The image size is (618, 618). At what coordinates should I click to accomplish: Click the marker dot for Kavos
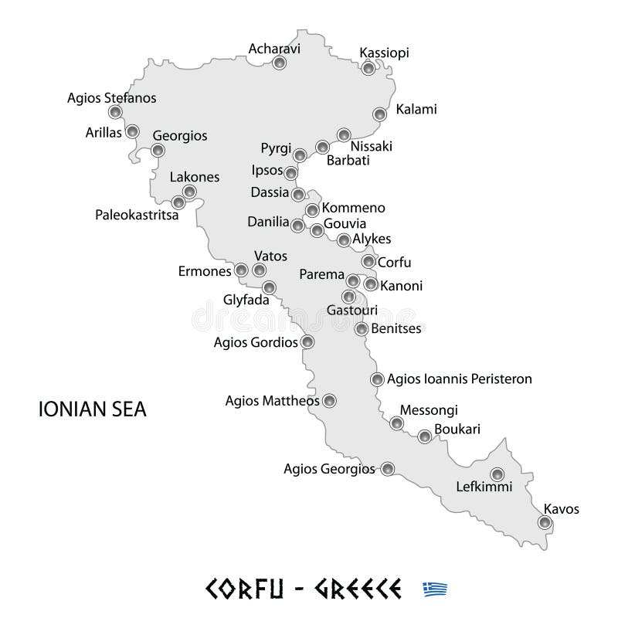tap(545, 523)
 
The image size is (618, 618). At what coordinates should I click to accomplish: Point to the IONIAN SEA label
tap(92, 409)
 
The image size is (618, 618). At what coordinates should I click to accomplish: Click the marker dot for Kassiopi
tap(369, 68)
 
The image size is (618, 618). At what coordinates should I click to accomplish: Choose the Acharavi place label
tap(273, 49)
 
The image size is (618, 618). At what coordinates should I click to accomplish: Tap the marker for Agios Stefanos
tap(115, 112)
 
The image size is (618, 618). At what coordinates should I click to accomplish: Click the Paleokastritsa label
tap(137, 215)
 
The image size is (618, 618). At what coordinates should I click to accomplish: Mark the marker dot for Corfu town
tap(368, 262)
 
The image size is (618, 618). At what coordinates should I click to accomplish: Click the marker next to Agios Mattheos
tap(330, 400)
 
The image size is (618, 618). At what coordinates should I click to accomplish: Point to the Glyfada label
tap(246, 301)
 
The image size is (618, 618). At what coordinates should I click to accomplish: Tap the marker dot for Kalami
tap(379, 114)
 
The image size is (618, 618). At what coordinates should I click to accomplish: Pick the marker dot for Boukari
tap(424, 436)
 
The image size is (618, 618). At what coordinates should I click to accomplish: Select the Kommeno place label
tap(353, 208)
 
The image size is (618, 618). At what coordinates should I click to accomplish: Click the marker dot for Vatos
tap(260, 270)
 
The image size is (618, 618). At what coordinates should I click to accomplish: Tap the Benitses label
tap(396, 328)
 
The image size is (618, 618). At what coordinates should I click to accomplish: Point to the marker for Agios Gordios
tap(307, 341)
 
